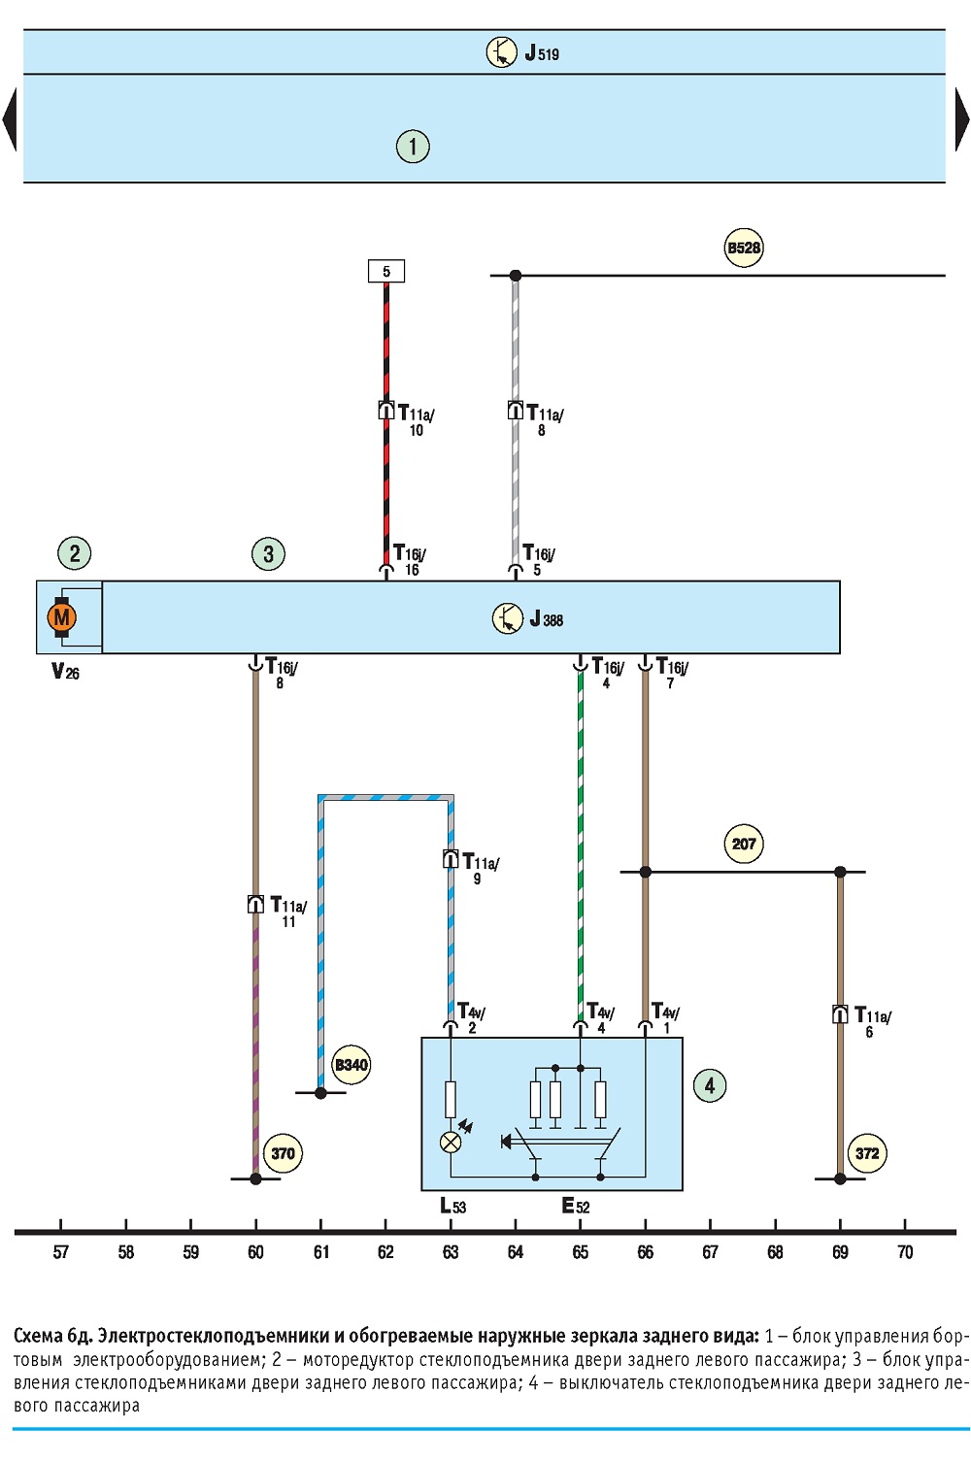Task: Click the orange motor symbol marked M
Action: click(x=62, y=616)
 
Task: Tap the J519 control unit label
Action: click(x=542, y=52)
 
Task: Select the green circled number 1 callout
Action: click(x=413, y=146)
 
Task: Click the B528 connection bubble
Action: click(x=744, y=248)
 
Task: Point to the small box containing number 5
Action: click(x=386, y=271)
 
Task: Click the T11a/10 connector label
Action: click(x=416, y=420)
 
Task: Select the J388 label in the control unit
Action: click(x=547, y=618)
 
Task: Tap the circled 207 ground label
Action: click(x=744, y=845)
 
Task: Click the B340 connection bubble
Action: click(x=351, y=1065)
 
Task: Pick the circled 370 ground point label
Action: click(x=283, y=1153)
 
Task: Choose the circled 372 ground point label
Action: click(x=867, y=1153)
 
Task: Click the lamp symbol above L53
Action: click(x=451, y=1142)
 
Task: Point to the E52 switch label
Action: click(x=575, y=1207)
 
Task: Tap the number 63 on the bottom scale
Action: click(x=451, y=1252)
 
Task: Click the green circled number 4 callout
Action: click(x=710, y=1086)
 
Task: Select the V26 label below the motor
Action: click(x=65, y=672)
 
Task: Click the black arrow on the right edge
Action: click(x=962, y=120)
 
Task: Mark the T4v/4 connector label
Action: click(x=601, y=1018)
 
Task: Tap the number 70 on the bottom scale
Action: click(x=905, y=1252)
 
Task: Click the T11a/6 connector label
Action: click(x=873, y=1022)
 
